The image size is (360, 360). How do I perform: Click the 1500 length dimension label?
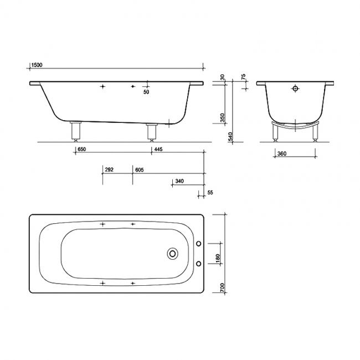37,65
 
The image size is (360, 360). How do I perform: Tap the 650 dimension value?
82,149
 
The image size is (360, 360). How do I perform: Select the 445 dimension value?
158,149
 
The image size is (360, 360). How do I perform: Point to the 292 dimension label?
109,169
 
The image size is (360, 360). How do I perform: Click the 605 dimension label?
140,169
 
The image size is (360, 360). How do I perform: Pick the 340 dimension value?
179,181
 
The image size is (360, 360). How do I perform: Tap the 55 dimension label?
210,192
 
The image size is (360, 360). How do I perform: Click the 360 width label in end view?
282,153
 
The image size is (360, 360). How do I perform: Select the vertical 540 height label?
231,136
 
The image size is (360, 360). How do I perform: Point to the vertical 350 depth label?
222,118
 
